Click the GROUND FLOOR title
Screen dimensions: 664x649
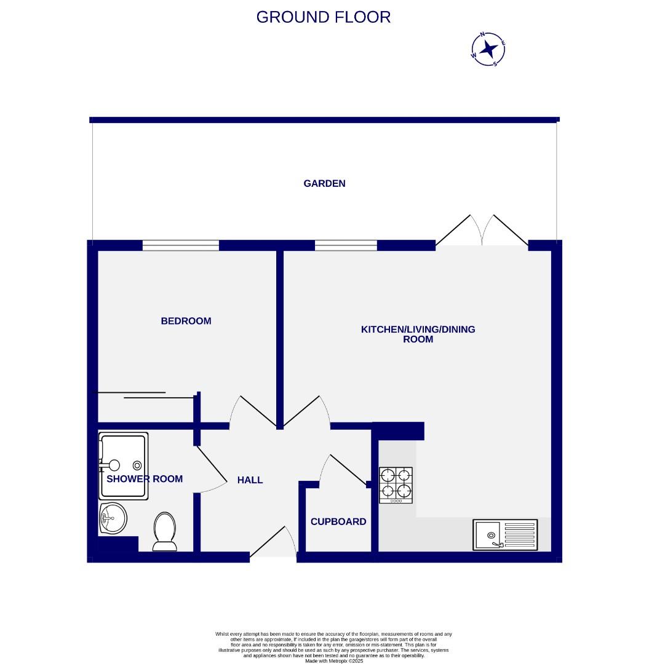323,17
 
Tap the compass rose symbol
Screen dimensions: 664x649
488,49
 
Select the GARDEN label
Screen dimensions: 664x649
324,183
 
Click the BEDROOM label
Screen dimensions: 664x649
186,321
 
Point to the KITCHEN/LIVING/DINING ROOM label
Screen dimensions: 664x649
418,334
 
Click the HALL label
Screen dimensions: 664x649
250,480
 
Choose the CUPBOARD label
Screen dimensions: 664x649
338,521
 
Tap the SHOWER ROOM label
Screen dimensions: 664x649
145,479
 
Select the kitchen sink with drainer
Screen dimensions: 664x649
504,534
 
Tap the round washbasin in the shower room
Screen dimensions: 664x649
112,518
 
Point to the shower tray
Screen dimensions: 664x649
124,466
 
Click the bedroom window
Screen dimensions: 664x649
180,245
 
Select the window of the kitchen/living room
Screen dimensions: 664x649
346,245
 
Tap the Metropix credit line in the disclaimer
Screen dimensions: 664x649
333,660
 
